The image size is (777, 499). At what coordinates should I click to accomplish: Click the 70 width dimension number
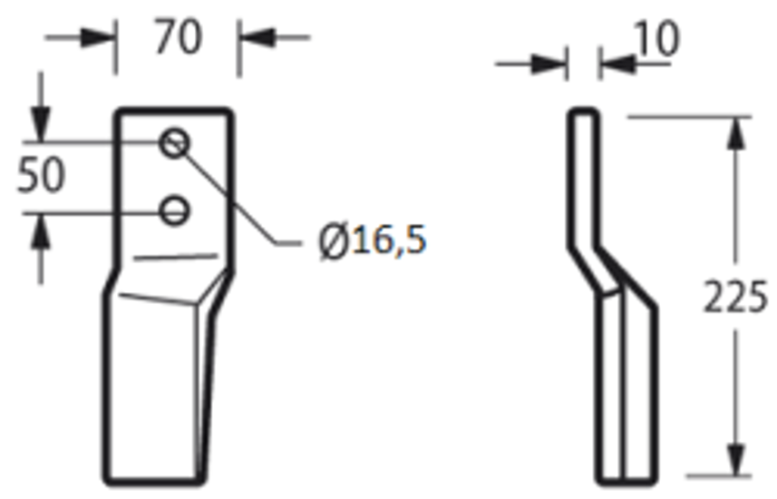(x=178, y=38)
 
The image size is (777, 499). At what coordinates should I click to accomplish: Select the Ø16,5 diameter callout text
(x=373, y=242)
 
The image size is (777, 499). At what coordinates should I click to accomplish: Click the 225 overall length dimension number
(x=736, y=298)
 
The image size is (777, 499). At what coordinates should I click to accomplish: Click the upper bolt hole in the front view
(x=175, y=142)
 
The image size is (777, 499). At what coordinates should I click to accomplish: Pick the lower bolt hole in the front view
(x=175, y=211)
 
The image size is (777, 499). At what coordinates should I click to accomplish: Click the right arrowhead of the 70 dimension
(x=254, y=38)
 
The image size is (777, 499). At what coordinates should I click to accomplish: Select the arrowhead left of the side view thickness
(x=551, y=64)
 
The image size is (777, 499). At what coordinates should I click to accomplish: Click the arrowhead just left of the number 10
(x=614, y=64)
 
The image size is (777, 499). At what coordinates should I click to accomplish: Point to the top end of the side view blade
(x=583, y=113)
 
